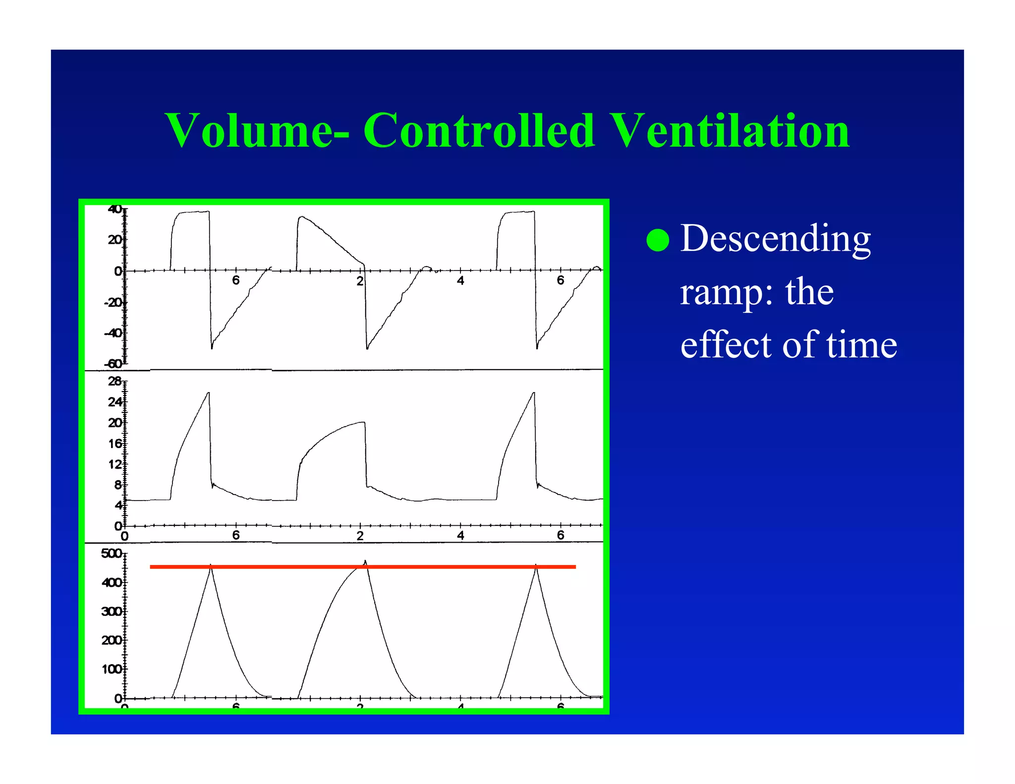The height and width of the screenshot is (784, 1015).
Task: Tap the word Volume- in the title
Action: [257, 131]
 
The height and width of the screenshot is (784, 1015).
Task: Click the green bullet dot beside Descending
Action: [658, 240]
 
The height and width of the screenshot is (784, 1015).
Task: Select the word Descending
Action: [775, 239]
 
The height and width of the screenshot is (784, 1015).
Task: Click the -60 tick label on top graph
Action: [113, 364]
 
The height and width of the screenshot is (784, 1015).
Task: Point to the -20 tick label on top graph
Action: [113, 302]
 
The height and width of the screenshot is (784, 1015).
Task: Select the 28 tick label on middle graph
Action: [114, 381]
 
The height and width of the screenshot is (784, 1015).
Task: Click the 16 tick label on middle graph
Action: [114, 444]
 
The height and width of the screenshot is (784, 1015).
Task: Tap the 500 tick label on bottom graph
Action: [111, 554]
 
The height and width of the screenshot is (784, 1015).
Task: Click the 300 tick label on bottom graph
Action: [111, 612]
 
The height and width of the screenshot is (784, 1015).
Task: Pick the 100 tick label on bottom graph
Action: [111, 670]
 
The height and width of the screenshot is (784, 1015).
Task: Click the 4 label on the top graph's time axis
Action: [460, 281]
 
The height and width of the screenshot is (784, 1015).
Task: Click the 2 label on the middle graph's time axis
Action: [360, 536]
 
